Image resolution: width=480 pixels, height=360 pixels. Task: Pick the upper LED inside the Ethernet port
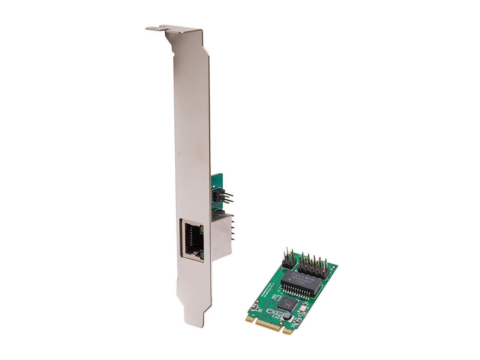(201, 228)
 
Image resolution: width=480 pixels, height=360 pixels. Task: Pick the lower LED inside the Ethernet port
(201, 255)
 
